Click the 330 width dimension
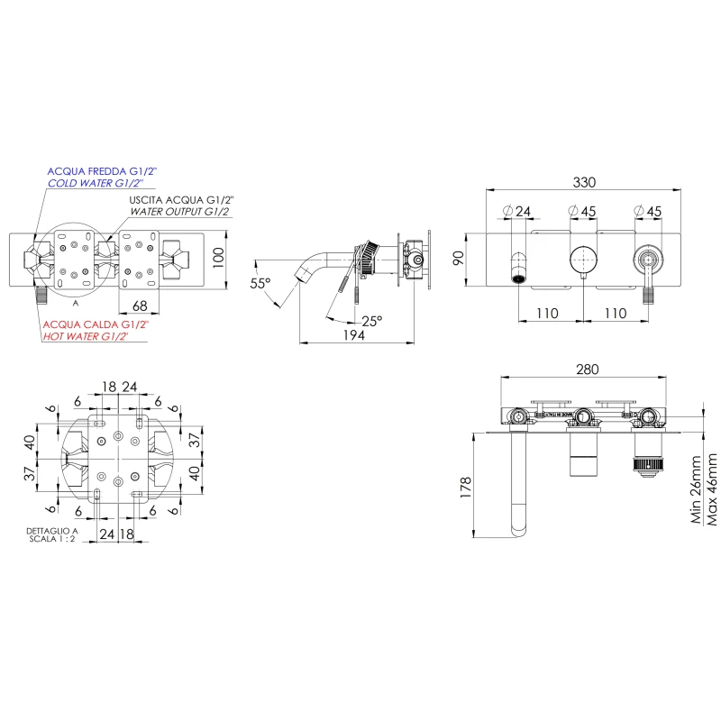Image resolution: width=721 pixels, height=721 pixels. (584, 182)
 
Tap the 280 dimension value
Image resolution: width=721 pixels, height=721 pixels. (588, 370)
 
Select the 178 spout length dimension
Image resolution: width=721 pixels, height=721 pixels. (465, 488)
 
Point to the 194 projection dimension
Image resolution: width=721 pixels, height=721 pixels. (354, 335)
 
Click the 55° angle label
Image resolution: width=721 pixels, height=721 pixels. (260, 283)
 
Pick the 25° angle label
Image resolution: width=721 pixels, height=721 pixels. (371, 321)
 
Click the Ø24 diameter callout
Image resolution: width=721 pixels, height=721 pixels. (516, 212)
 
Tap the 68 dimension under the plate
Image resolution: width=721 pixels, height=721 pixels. (140, 306)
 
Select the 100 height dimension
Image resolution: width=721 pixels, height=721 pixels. (218, 258)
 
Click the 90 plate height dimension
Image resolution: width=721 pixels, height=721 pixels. (459, 259)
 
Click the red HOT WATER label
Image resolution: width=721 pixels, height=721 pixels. (86, 336)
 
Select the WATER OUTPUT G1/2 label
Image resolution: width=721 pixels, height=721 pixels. (179, 212)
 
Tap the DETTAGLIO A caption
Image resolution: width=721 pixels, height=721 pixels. (52, 531)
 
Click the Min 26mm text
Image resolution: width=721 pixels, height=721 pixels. (696, 489)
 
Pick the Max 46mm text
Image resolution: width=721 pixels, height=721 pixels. (711, 489)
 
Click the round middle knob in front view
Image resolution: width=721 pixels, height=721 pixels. (583, 260)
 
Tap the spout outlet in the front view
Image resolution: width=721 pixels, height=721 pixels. (519, 278)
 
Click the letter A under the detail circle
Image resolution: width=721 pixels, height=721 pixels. (76, 304)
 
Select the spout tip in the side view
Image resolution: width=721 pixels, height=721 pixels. (300, 277)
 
